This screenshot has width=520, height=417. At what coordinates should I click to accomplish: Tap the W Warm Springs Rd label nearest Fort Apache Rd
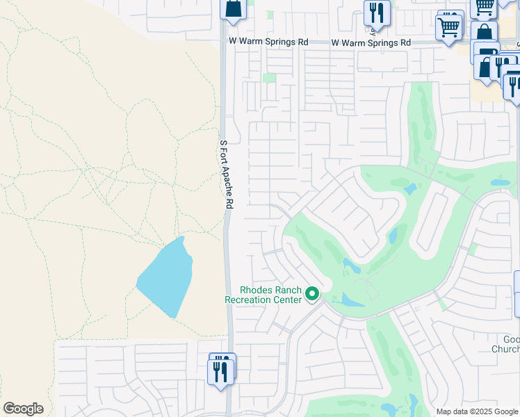click(x=268, y=42)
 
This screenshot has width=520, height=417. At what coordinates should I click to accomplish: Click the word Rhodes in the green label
click(x=256, y=291)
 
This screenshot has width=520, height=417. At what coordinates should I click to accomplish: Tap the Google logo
click(x=23, y=409)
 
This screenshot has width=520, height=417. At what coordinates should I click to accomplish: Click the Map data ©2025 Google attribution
click(x=477, y=411)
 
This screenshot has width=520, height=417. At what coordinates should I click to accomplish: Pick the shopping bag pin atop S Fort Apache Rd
click(x=234, y=8)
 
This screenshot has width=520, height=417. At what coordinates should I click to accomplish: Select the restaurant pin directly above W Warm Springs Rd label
click(x=377, y=13)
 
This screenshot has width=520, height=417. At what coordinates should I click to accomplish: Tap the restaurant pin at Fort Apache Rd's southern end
click(x=221, y=370)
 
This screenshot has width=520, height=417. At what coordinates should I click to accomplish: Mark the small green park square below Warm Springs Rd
click(x=269, y=78)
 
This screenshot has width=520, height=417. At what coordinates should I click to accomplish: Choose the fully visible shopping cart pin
click(x=450, y=28)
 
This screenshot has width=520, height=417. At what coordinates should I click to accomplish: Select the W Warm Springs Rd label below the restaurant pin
click(x=371, y=43)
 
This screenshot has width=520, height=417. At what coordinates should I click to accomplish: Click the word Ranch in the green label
click(x=289, y=291)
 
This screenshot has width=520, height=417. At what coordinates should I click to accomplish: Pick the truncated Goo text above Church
click(x=511, y=339)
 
